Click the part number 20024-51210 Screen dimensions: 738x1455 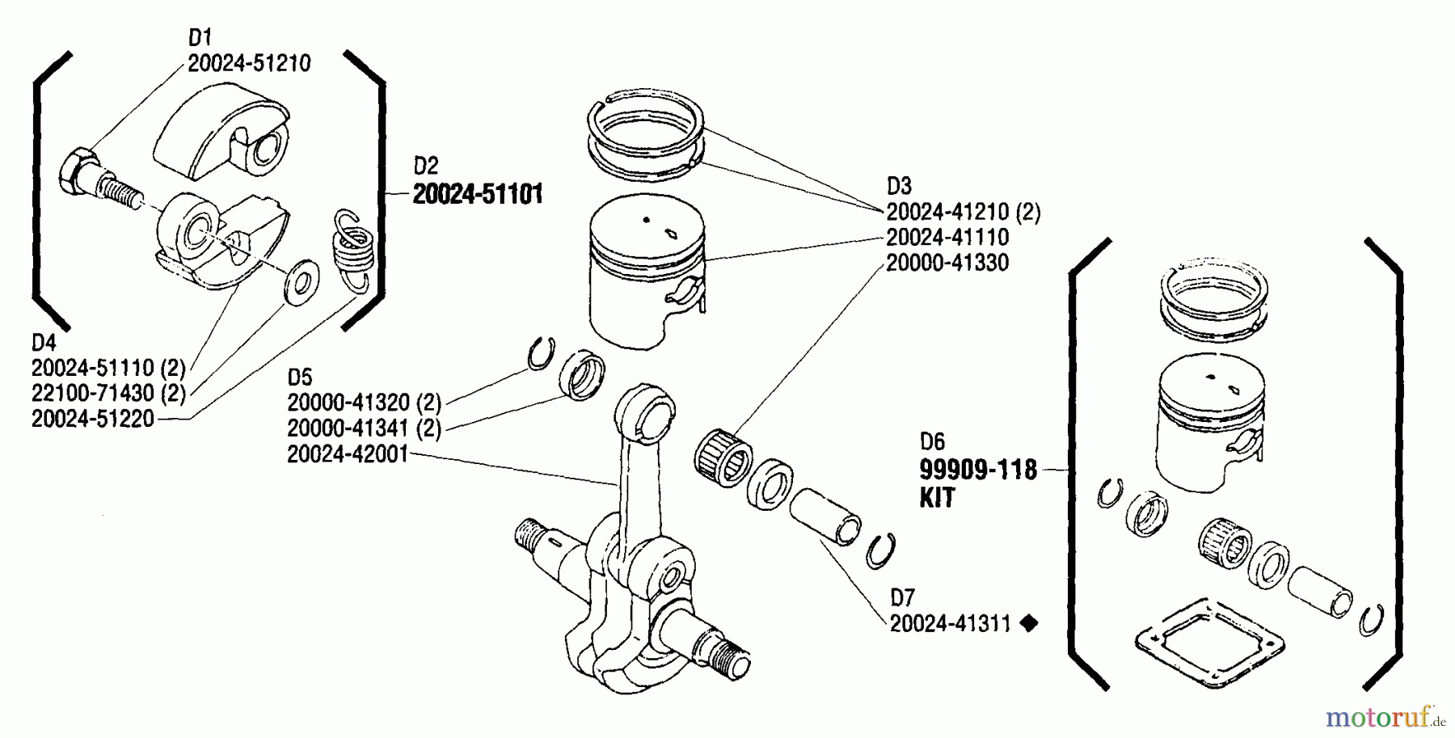tap(249, 64)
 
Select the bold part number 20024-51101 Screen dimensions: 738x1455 tap(478, 195)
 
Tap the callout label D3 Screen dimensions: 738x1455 tap(899, 186)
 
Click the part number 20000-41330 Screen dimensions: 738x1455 tap(947, 264)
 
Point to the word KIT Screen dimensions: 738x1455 tap(937, 498)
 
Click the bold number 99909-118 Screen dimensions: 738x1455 tap(978, 470)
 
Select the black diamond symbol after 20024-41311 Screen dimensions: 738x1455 tap(1029, 624)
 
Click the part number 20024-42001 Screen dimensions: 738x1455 tap(348, 455)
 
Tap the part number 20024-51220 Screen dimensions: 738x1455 tap(92, 420)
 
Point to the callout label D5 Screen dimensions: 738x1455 tap(299, 377)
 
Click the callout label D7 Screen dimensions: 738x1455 tap(902, 598)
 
